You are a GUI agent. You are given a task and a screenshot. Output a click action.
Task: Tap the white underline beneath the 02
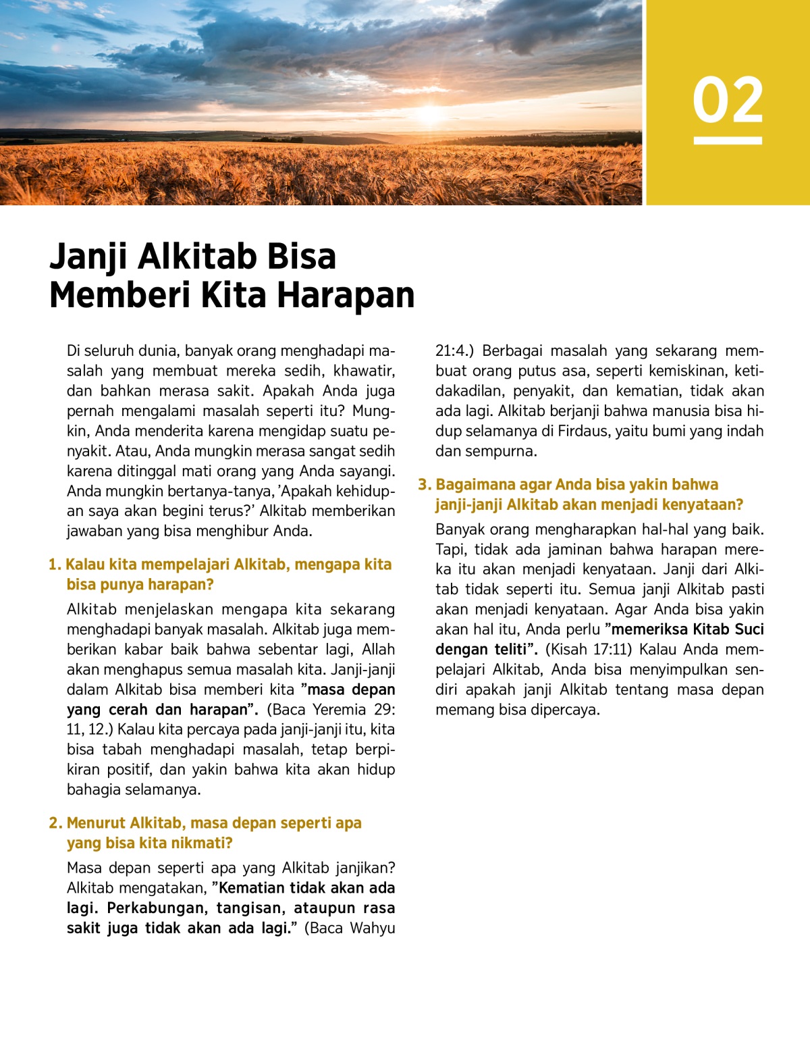click(728, 140)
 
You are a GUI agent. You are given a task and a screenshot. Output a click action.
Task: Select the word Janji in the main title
click(91, 257)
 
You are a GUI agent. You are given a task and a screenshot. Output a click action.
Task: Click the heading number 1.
click(54, 565)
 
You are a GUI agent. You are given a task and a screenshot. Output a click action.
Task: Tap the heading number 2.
click(55, 823)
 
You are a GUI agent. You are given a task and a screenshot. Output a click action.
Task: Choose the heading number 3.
click(423, 485)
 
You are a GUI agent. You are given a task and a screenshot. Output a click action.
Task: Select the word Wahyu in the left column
click(373, 929)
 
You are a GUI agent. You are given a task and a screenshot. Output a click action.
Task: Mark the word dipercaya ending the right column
click(566, 710)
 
